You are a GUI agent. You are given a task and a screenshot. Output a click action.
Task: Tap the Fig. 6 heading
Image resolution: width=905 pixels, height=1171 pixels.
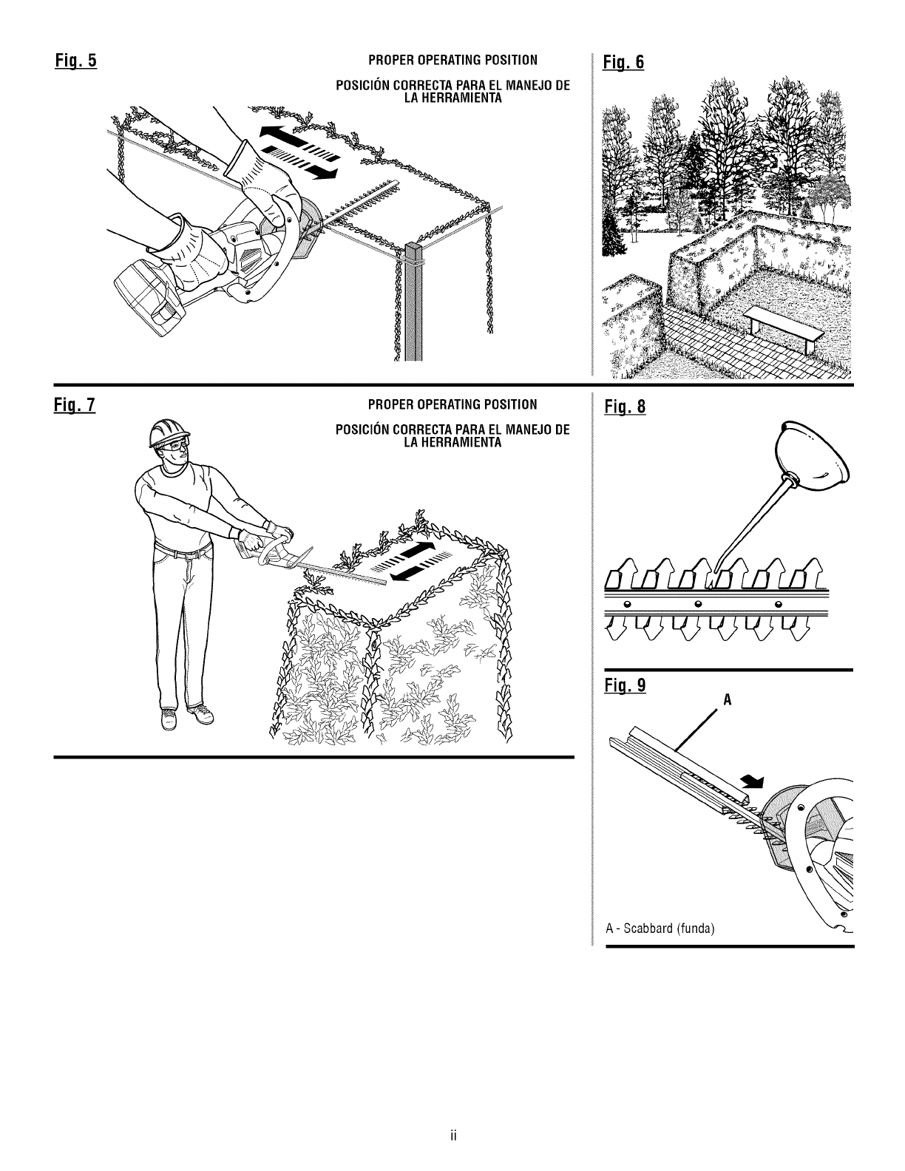point(625,62)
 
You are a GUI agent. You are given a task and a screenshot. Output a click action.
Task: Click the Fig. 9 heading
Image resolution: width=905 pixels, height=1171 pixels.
point(626,686)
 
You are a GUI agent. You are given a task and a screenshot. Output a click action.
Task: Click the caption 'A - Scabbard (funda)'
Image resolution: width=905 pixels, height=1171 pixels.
point(660,928)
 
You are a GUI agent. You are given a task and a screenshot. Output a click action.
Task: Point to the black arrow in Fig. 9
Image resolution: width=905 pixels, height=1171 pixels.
point(750,781)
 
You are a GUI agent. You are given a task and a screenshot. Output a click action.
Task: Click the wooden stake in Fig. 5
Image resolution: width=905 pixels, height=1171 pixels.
point(413,303)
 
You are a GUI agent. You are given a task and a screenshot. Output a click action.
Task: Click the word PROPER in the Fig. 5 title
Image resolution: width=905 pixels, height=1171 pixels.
point(389,59)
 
